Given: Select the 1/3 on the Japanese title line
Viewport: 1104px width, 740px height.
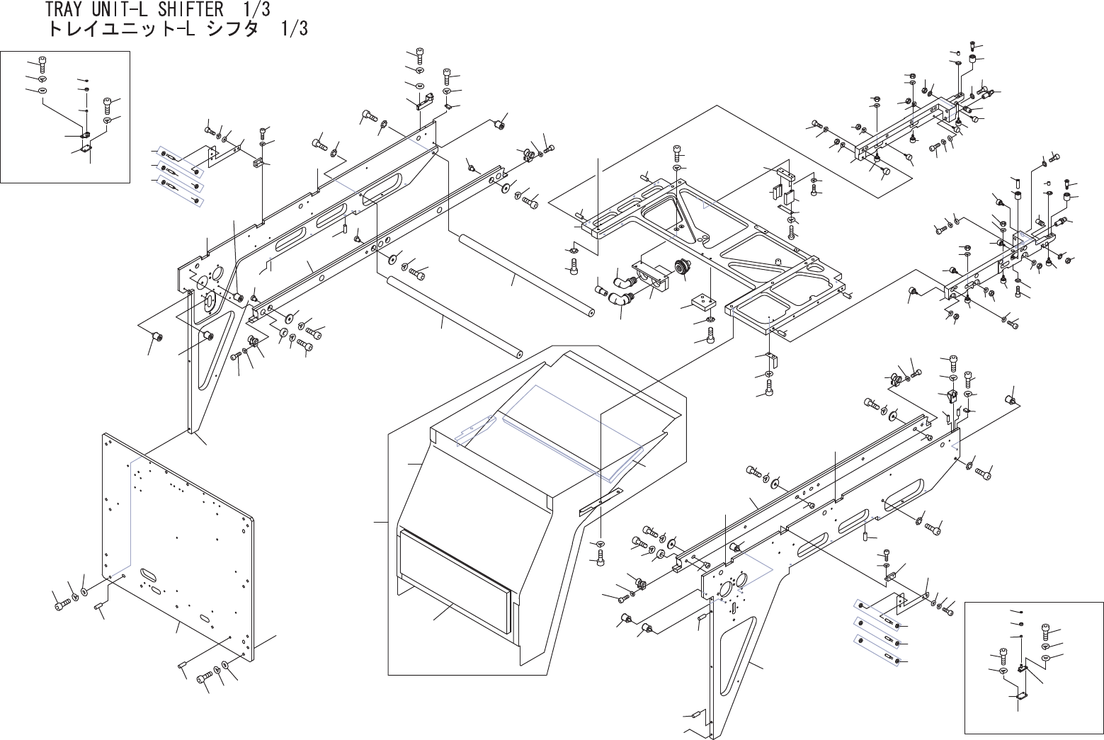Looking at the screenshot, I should coord(294,30).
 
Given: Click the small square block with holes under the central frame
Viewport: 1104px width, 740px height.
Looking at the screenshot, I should coord(702,303).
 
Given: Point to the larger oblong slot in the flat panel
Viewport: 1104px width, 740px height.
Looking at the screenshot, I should coord(149,571).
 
